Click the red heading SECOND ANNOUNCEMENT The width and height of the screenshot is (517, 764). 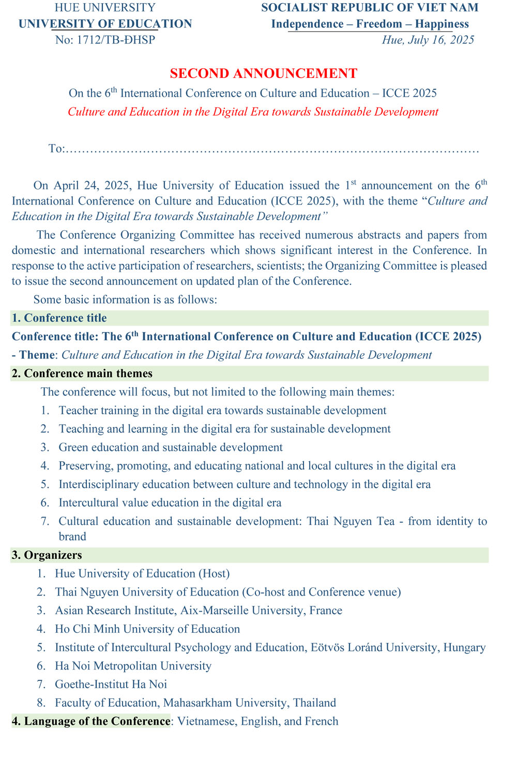(263, 73)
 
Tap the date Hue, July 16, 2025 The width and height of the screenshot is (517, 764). (428, 40)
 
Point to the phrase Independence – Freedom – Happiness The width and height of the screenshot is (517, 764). (370, 24)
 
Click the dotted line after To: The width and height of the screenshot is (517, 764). (272, 149)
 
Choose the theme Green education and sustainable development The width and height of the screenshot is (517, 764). (171, 447)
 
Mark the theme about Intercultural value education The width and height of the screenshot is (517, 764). (170, 503)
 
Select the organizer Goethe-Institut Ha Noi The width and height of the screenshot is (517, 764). (111, 684)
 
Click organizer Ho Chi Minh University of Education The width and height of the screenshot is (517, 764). (147, 629)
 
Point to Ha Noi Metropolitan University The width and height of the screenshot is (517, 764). (133, 666)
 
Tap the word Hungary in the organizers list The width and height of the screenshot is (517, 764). (464, 648)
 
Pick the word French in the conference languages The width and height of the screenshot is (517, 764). (322, 721)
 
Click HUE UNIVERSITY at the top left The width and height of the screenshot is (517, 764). (105, 8)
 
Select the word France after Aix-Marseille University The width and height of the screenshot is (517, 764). (326, 611)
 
